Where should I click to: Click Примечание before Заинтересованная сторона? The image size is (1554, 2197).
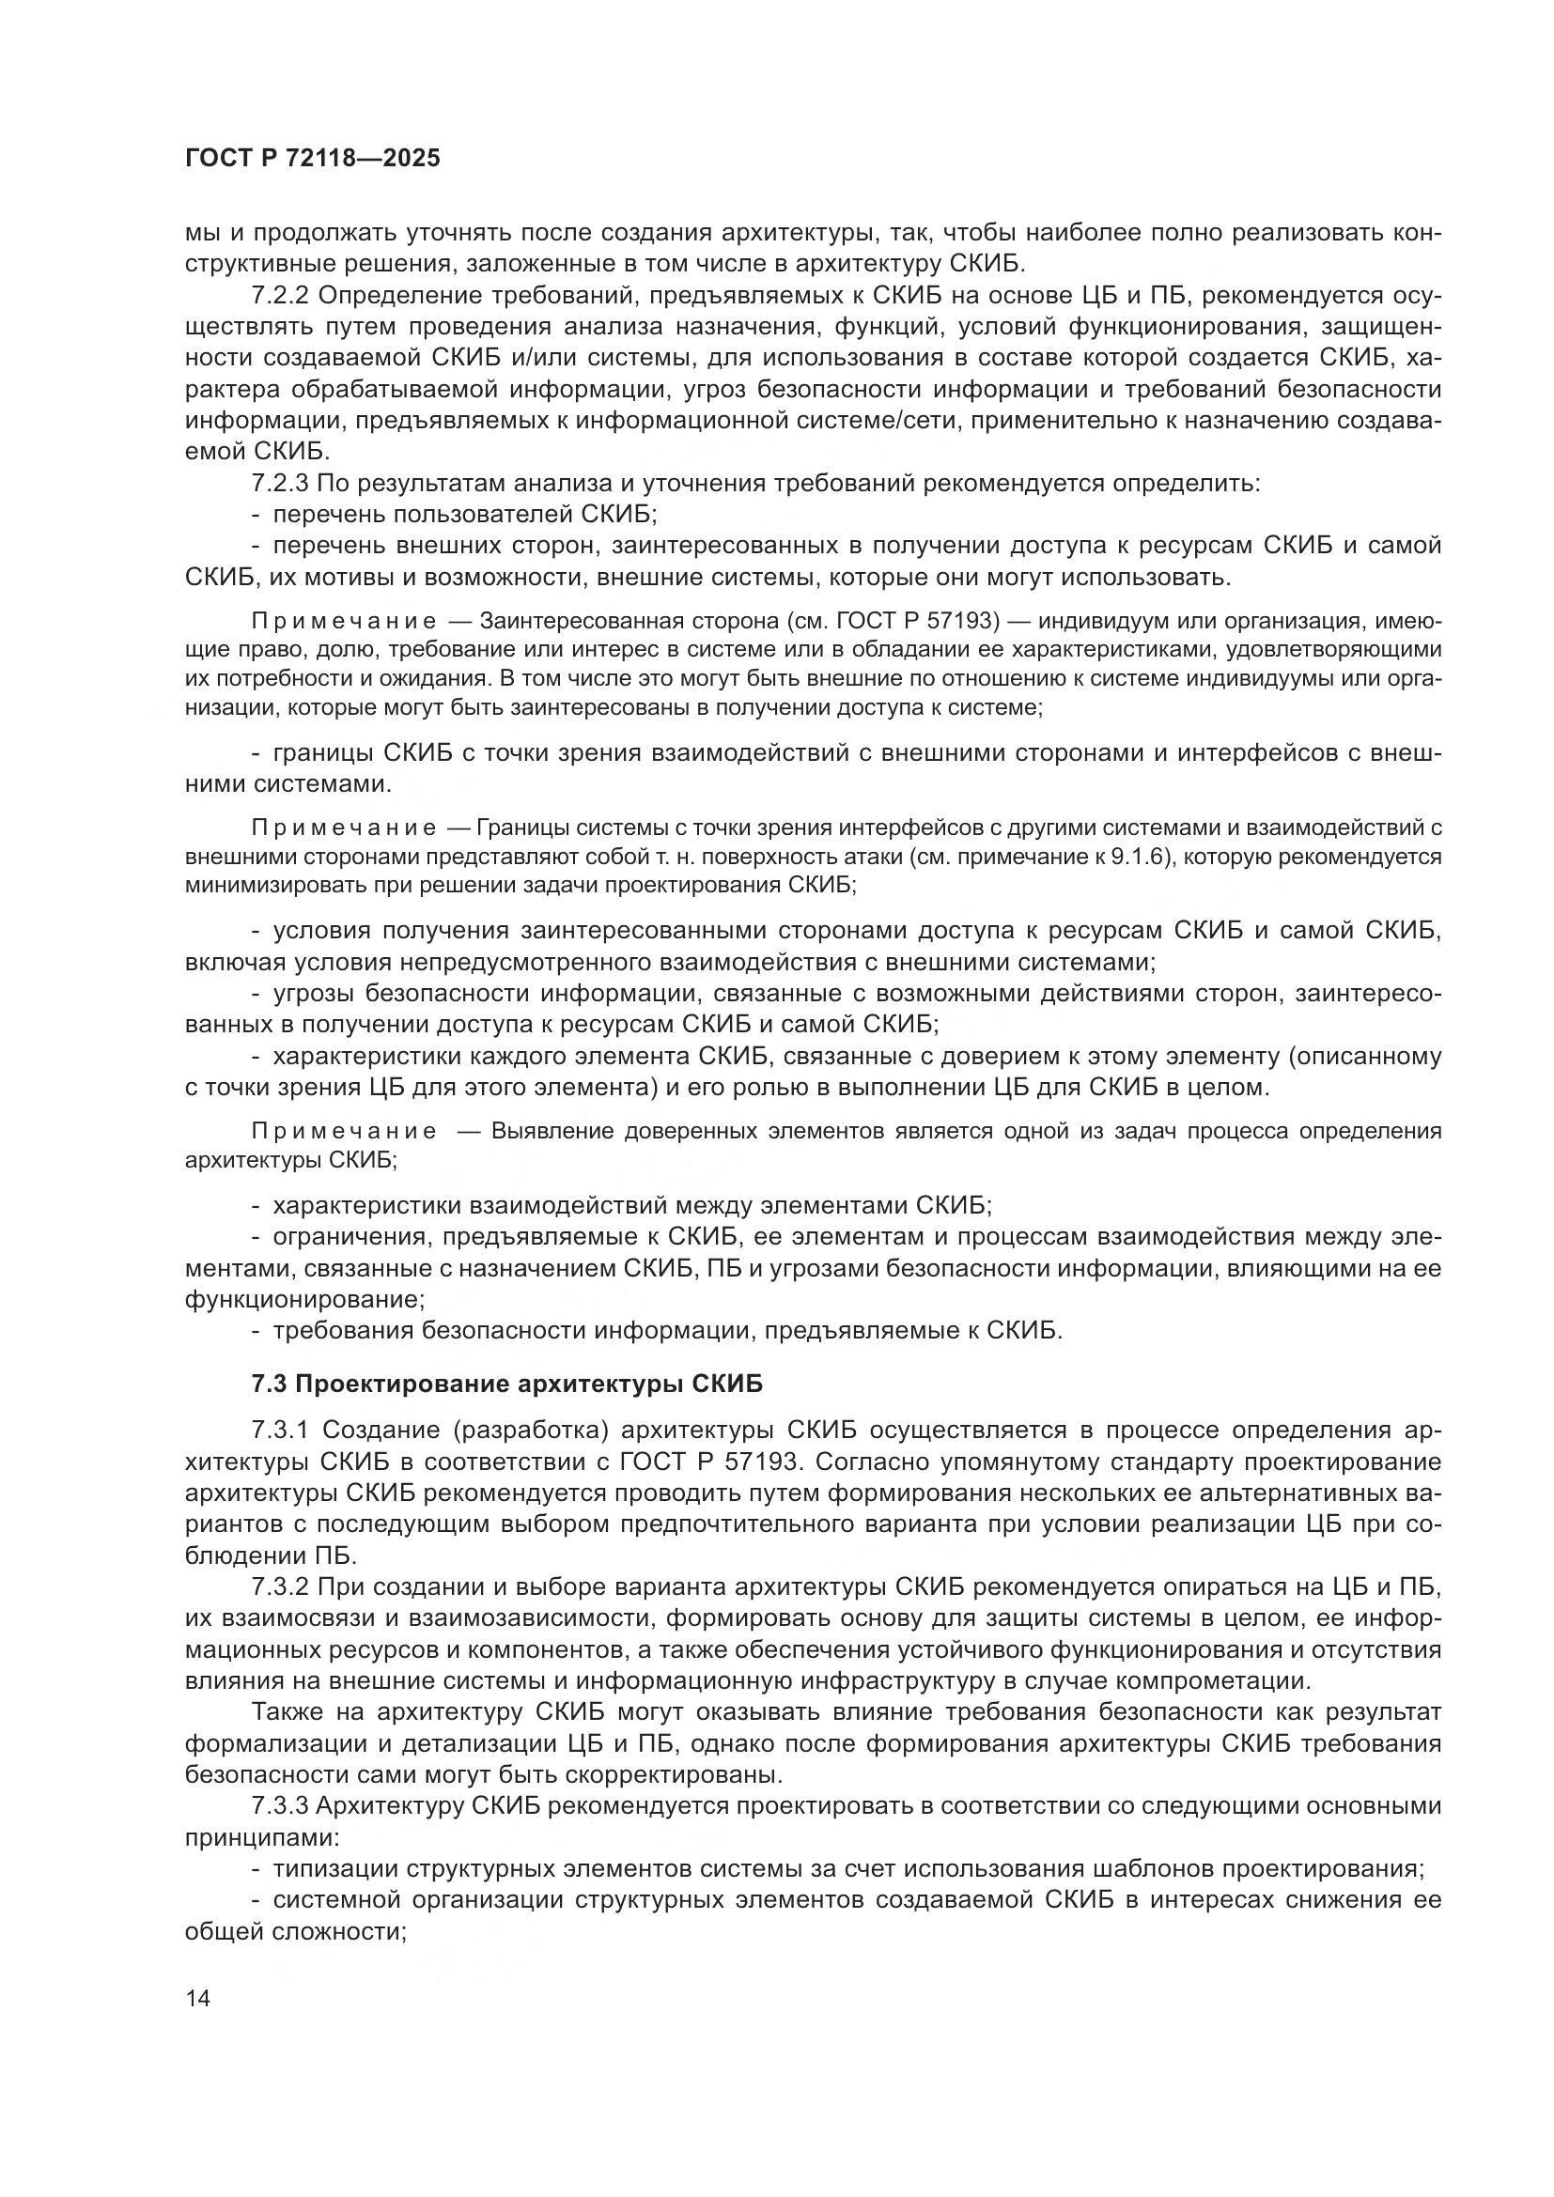(x=344, y=622)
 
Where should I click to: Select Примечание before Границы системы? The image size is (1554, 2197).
(x=344, y=828)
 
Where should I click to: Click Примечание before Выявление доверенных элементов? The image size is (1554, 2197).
(x=344, y=1131)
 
